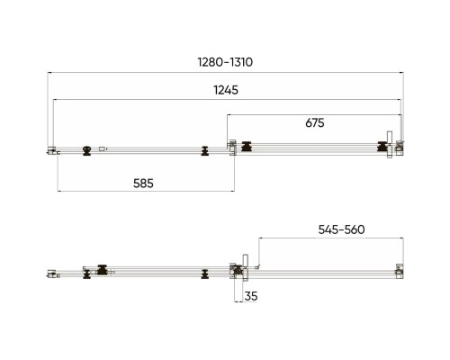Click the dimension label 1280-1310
click(x=225, y=62)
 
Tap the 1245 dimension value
click(x=226, y=90)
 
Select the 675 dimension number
click(x=315, y=122)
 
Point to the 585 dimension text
click(x=143, y=184)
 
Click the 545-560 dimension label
click(x=341, y=229)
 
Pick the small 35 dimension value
click(x=251, y=296)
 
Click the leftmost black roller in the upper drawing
click(x=87, y=150)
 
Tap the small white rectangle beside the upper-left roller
click(x=103, y=148)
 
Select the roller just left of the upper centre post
click(x=205, y=151)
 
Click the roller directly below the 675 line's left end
click(x=247, y=147)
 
